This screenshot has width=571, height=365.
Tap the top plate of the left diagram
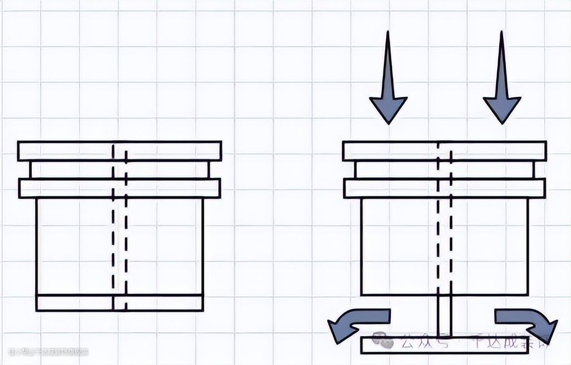click(67, 151)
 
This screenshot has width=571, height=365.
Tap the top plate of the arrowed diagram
click(390, 151)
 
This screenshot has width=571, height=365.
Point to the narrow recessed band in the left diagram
click(67, 170)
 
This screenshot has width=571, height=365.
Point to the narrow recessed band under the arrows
click(390, 170)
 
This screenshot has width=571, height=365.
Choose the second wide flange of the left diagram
click(67, 188)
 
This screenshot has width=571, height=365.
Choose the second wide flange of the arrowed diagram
click(390, 188)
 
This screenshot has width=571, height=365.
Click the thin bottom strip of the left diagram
click(72, 302)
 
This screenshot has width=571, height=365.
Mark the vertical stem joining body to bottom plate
click(444, 315)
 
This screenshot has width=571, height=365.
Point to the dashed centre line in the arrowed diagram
click(444, 234)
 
